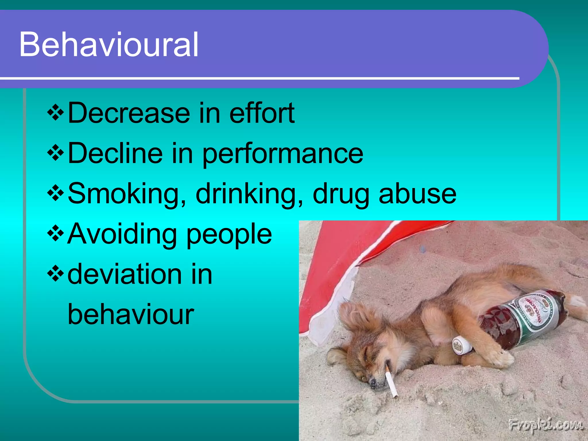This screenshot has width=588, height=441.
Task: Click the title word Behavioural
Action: click(109, 45)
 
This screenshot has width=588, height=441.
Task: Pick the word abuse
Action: click(417, 194)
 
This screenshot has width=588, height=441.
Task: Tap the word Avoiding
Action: click(122, 234)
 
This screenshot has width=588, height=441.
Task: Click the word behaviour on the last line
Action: click(131, 314)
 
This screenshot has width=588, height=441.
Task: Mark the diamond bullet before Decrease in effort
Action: click(55, 113)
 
